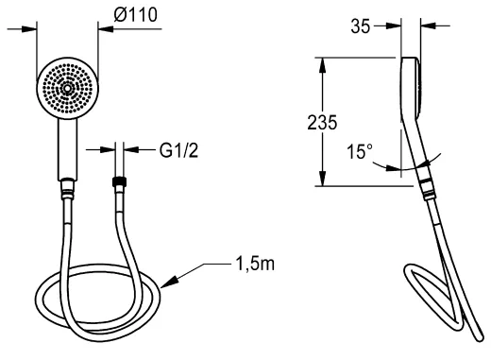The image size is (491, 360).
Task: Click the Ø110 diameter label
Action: point(135,15)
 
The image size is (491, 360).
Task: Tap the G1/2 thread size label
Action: point(178,150)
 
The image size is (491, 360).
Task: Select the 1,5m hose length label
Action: point(255,264)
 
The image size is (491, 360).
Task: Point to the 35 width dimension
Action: point(361,26)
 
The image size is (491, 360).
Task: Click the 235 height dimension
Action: point(322,123)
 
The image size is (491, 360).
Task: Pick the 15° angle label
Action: point(360,151)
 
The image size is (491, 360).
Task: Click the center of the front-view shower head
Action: point(67,89)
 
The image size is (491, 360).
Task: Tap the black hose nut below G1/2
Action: point(119,181)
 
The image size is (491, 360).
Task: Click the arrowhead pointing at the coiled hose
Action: point(169,282)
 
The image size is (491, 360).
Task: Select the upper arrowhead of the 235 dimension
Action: point(322,65)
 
